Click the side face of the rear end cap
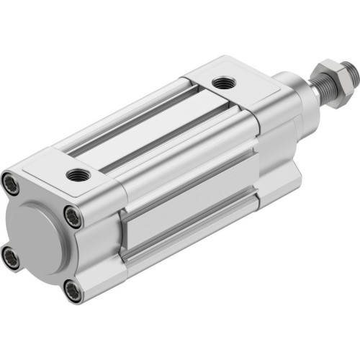tap(101, 230)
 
